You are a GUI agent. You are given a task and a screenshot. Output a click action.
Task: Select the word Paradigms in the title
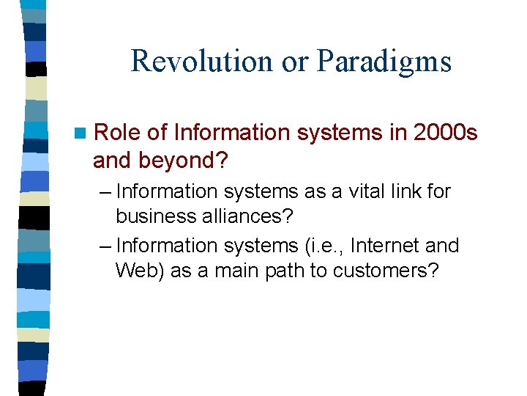(384, 62)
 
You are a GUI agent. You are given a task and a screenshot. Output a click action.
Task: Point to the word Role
(118, 133)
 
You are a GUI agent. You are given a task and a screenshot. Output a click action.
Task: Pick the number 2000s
(445, 133)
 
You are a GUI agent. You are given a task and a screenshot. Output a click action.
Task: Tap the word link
(407, 192)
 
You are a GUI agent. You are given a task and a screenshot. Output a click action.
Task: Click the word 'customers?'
(386, 271)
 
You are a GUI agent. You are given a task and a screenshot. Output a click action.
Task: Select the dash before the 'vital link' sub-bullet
(105, 192)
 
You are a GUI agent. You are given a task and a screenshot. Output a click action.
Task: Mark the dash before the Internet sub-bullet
(105, 246)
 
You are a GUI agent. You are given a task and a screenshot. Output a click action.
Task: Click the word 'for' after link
(439, 192)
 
